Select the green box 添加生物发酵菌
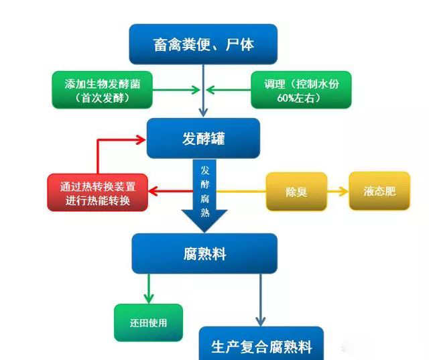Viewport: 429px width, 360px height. click(x=103, y=90)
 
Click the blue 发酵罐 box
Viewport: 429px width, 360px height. click(x=202, y=139)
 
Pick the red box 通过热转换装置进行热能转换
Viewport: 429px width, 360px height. click(x=98, y=192)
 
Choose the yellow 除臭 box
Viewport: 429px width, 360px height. click(x=296, y=192)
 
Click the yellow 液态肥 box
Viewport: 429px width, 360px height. click(x=379, y=191)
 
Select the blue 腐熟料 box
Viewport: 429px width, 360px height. click(x=204, y=253)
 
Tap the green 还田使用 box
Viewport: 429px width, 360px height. click(x=148, y=322)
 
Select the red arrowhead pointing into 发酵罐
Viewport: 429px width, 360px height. click(x=139, y=139)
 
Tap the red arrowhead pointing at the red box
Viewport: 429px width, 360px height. click(x=154, y=192)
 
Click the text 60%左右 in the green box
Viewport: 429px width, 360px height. click(x=302, y=98)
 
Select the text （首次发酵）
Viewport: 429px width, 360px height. click(x=103, y=98)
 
